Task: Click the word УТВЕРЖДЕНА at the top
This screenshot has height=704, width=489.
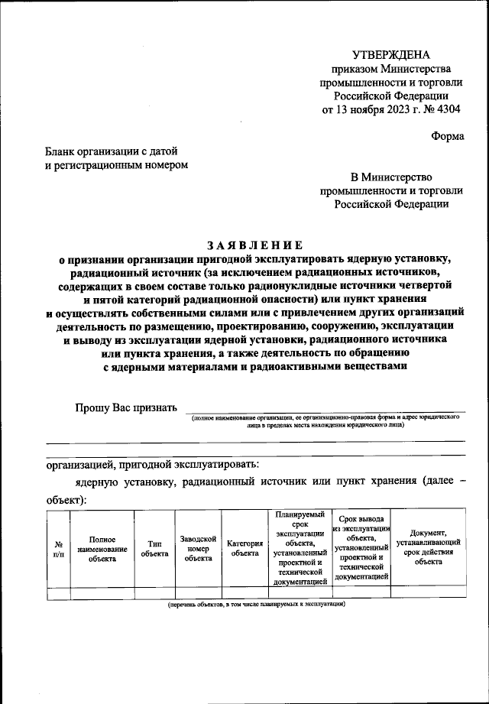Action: click(x=390, y=54)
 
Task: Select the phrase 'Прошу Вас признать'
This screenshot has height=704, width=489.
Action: click(x=126, y=407)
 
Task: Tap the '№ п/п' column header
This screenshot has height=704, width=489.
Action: click(x=58, y=548)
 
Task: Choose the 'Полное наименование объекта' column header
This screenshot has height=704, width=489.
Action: click(x=102, y=548)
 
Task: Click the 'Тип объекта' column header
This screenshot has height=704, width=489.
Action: click(x=154, y=548)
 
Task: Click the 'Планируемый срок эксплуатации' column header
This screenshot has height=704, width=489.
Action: click(x=300, y=548)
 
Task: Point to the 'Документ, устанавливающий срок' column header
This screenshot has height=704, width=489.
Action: click(x=428, y=548)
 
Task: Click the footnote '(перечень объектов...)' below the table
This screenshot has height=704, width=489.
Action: click(x=257, y=604)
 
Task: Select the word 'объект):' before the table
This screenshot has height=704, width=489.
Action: click(x=66, y=500)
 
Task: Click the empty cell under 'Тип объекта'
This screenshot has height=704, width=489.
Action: click(x=154, y=592)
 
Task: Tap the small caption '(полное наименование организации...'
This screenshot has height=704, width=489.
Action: click(x=325, y=422)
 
